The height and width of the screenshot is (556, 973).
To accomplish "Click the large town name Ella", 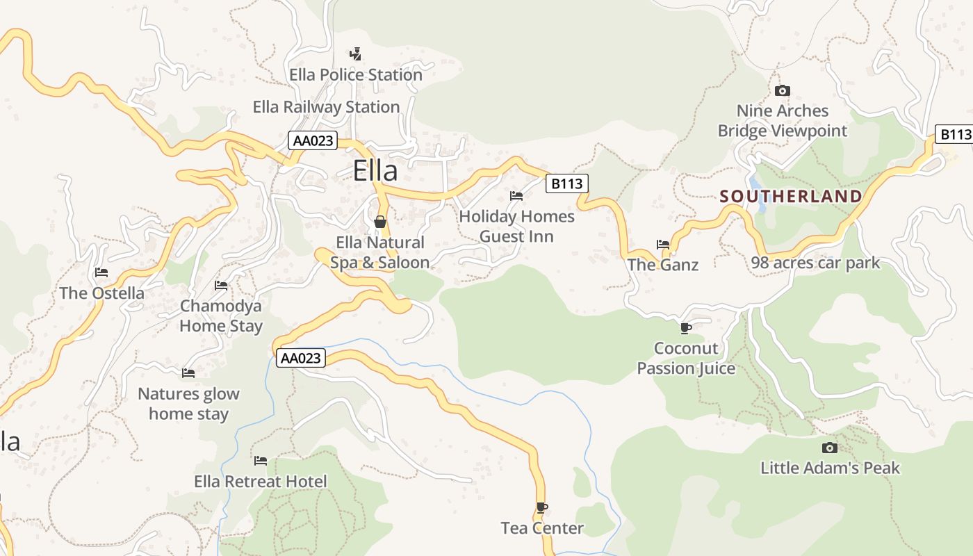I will click(x=375, y=171).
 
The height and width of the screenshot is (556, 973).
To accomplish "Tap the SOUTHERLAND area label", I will click(x=791, y=197).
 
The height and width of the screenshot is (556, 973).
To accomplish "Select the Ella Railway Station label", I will click(x=326, y=107).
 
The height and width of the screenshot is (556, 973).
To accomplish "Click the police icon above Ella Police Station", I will click(x=355, y=54).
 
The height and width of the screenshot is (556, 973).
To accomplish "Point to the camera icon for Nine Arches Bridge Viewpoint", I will click(x=782, y=91).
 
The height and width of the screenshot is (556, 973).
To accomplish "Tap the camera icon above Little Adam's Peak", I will click(x=829, y=448).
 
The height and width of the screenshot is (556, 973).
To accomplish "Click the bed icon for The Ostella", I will click(x=101, y=272).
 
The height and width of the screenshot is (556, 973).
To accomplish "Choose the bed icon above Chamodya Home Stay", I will click(x=221, y=286).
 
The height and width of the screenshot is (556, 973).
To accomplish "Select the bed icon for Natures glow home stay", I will click(x=188, y=373).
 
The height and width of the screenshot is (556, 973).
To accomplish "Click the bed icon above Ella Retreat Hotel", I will click(x=261, y=461).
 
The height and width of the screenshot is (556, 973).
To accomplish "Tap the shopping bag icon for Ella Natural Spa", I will click(x=379, y=222).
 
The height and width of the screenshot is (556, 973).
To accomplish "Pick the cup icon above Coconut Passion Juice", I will click(x=686, y=328).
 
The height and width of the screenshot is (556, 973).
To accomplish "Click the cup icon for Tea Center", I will click(x=542, y=508).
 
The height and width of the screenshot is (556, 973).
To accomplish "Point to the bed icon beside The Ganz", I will click(x=663, y=245).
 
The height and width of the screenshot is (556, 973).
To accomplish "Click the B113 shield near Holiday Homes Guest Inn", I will click(x=566, y=183).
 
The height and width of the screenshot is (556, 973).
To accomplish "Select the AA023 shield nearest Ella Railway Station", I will click(x=313, y=140).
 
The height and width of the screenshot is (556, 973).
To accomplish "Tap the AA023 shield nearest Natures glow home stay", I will click(x=300, y=358).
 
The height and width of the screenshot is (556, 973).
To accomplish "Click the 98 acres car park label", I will click(x=815, y=263).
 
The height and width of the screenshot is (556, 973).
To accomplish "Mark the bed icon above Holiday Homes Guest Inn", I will click(x=516, y=196).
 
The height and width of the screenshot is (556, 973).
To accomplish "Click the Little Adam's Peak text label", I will click(x=830, y=468).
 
